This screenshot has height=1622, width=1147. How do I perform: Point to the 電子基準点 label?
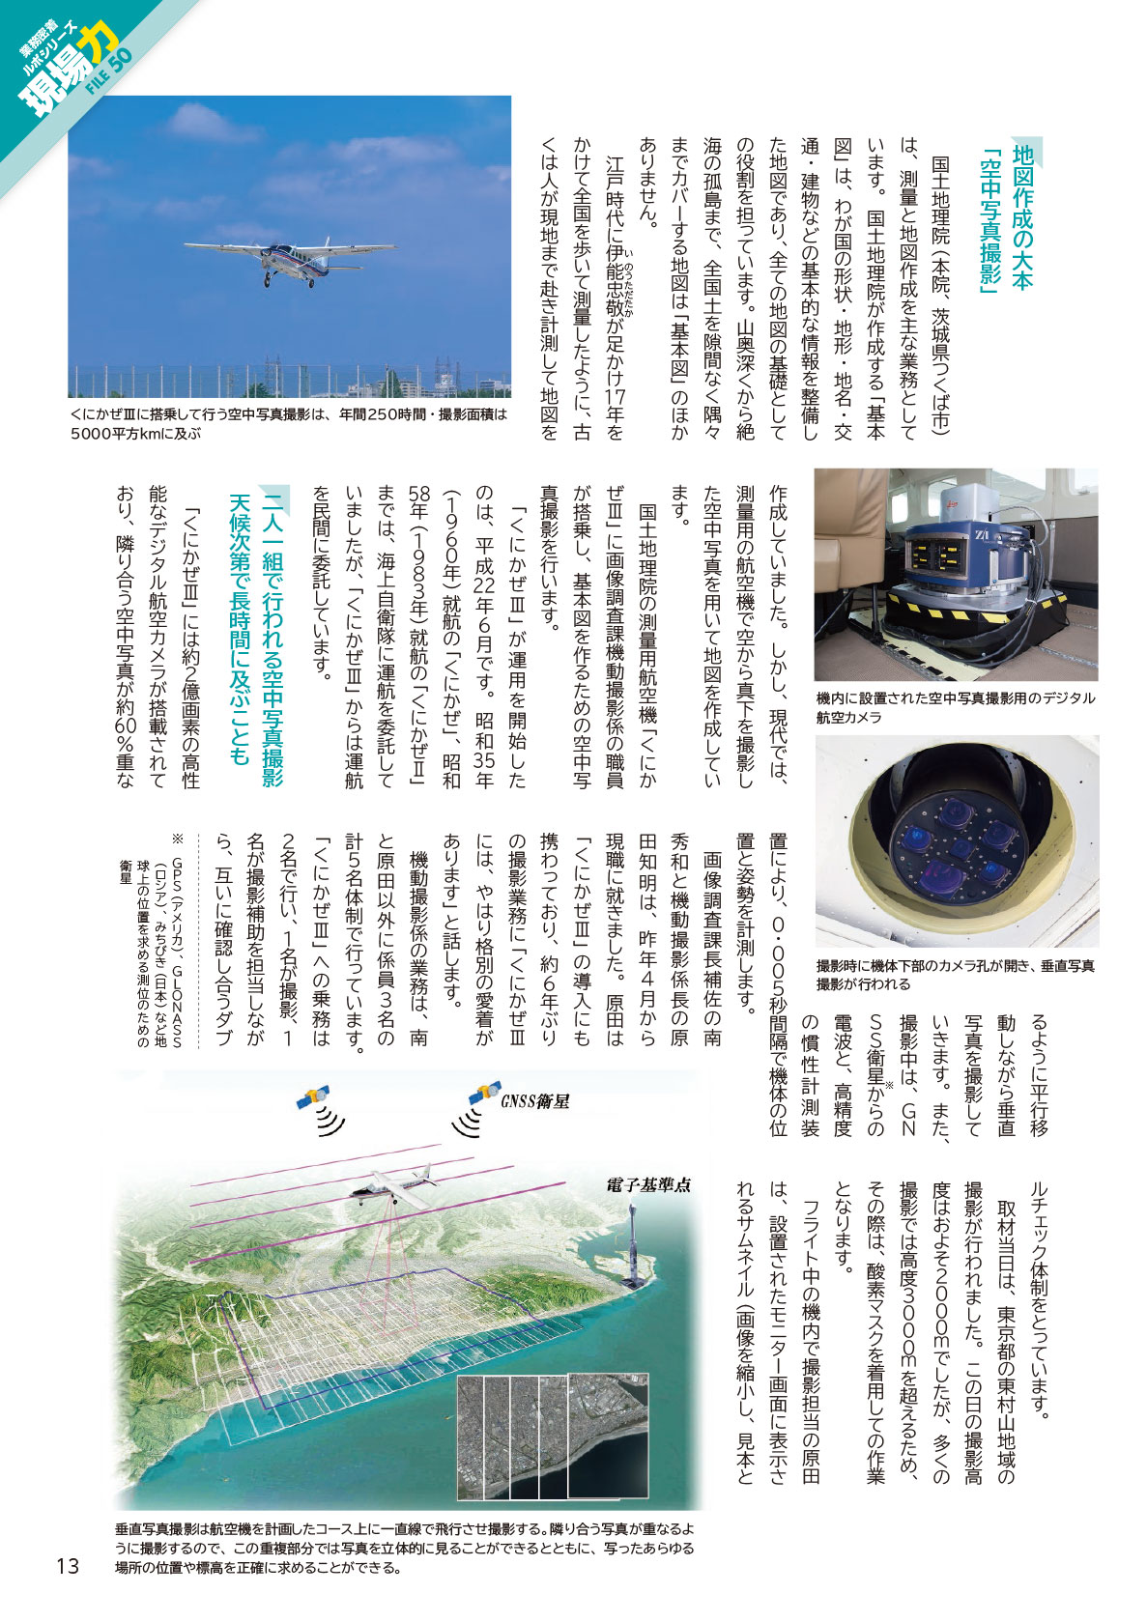(x=648, y=1184)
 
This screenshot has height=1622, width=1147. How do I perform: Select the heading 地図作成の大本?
(x=1022, y=217)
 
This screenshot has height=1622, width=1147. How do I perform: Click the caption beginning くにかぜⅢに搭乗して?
(x=288, y=423)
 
